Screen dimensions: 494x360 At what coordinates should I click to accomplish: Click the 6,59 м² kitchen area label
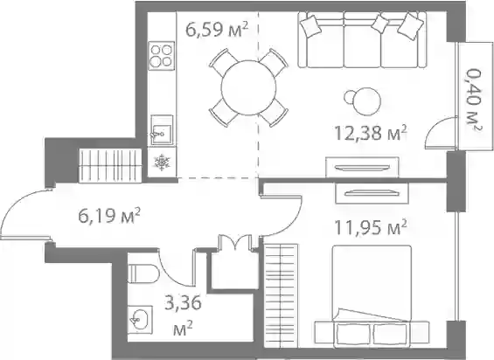pos(217,31)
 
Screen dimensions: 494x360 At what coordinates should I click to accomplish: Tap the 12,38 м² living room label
pos(371,133)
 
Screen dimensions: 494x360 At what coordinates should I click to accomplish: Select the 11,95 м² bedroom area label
pos(370,227)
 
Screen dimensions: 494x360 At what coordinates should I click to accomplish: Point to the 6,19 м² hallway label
pos(109,216)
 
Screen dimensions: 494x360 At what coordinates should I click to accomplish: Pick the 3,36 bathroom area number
pos(183,304)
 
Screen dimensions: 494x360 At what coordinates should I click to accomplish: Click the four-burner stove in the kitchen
pos(162,56)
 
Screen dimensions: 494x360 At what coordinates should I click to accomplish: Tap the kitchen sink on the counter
pos(162,130)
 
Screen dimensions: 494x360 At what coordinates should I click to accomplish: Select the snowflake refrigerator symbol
pos(162,163)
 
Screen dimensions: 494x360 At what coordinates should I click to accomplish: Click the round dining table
pos(248,87)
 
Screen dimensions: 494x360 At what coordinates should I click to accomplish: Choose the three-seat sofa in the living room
pos(362,39)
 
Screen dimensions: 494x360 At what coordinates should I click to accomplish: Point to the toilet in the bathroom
pos(143,273)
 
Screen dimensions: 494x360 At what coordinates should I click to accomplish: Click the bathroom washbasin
pos(140,320)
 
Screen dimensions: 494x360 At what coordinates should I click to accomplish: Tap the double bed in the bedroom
pos(372,296)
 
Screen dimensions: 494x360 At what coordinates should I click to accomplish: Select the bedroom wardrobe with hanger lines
pos(281,295)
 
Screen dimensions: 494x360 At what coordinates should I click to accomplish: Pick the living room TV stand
pos(362,168)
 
